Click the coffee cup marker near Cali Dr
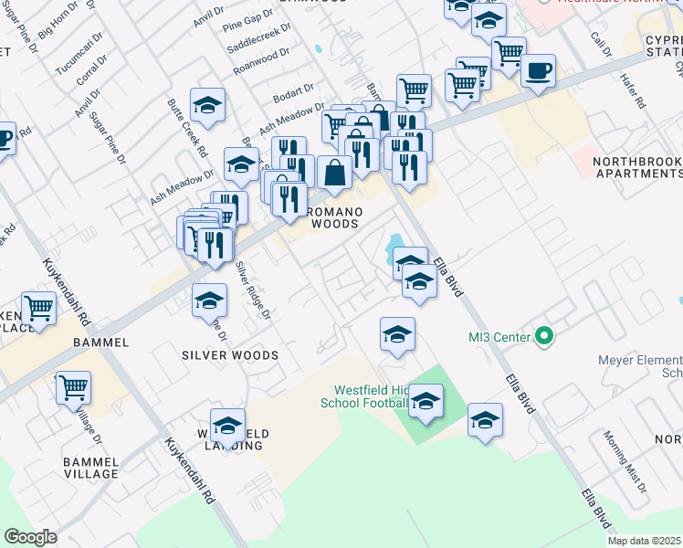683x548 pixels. [x=538, y=71]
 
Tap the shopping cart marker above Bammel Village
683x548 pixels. [x=73, y=387]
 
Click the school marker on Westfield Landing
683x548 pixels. [x=227, y=426]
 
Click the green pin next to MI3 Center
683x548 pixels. [x=544, y=336]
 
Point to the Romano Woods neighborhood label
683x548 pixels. [x=334, y=217]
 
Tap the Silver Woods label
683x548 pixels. [x=229, y=354]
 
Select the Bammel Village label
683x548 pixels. [x=90, y=468]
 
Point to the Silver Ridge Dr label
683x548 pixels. [x=254, y=291]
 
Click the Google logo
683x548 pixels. [x=30, y=537]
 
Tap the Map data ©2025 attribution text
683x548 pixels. [x=644, y=541]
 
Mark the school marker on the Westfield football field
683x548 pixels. [x=426, y=400]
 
